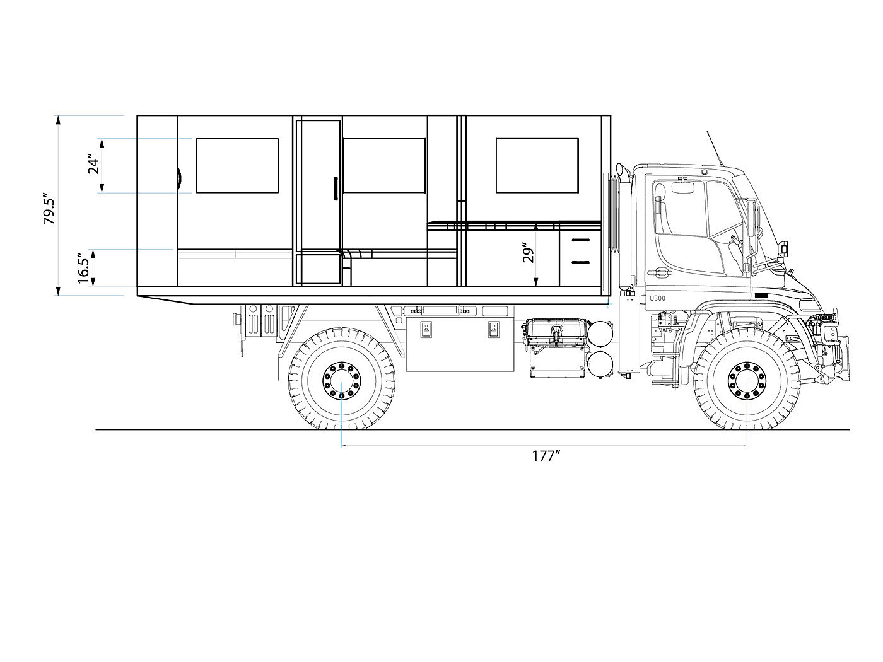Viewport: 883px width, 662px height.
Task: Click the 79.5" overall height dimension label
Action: pos(50,210)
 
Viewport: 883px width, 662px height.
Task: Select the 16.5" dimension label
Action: pos(84,268)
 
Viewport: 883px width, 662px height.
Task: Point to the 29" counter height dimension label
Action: pos(528,253)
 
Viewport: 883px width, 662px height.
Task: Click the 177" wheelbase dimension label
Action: pos(546,456)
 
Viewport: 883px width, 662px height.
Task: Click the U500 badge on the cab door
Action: pos(657,298)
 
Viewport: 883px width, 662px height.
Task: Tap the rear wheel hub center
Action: pos(342,381)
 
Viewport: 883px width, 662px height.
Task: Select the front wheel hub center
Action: pos(747,381)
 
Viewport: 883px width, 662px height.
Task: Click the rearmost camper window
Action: pos(237,166)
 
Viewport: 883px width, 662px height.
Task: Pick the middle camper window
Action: pos(384,166)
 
